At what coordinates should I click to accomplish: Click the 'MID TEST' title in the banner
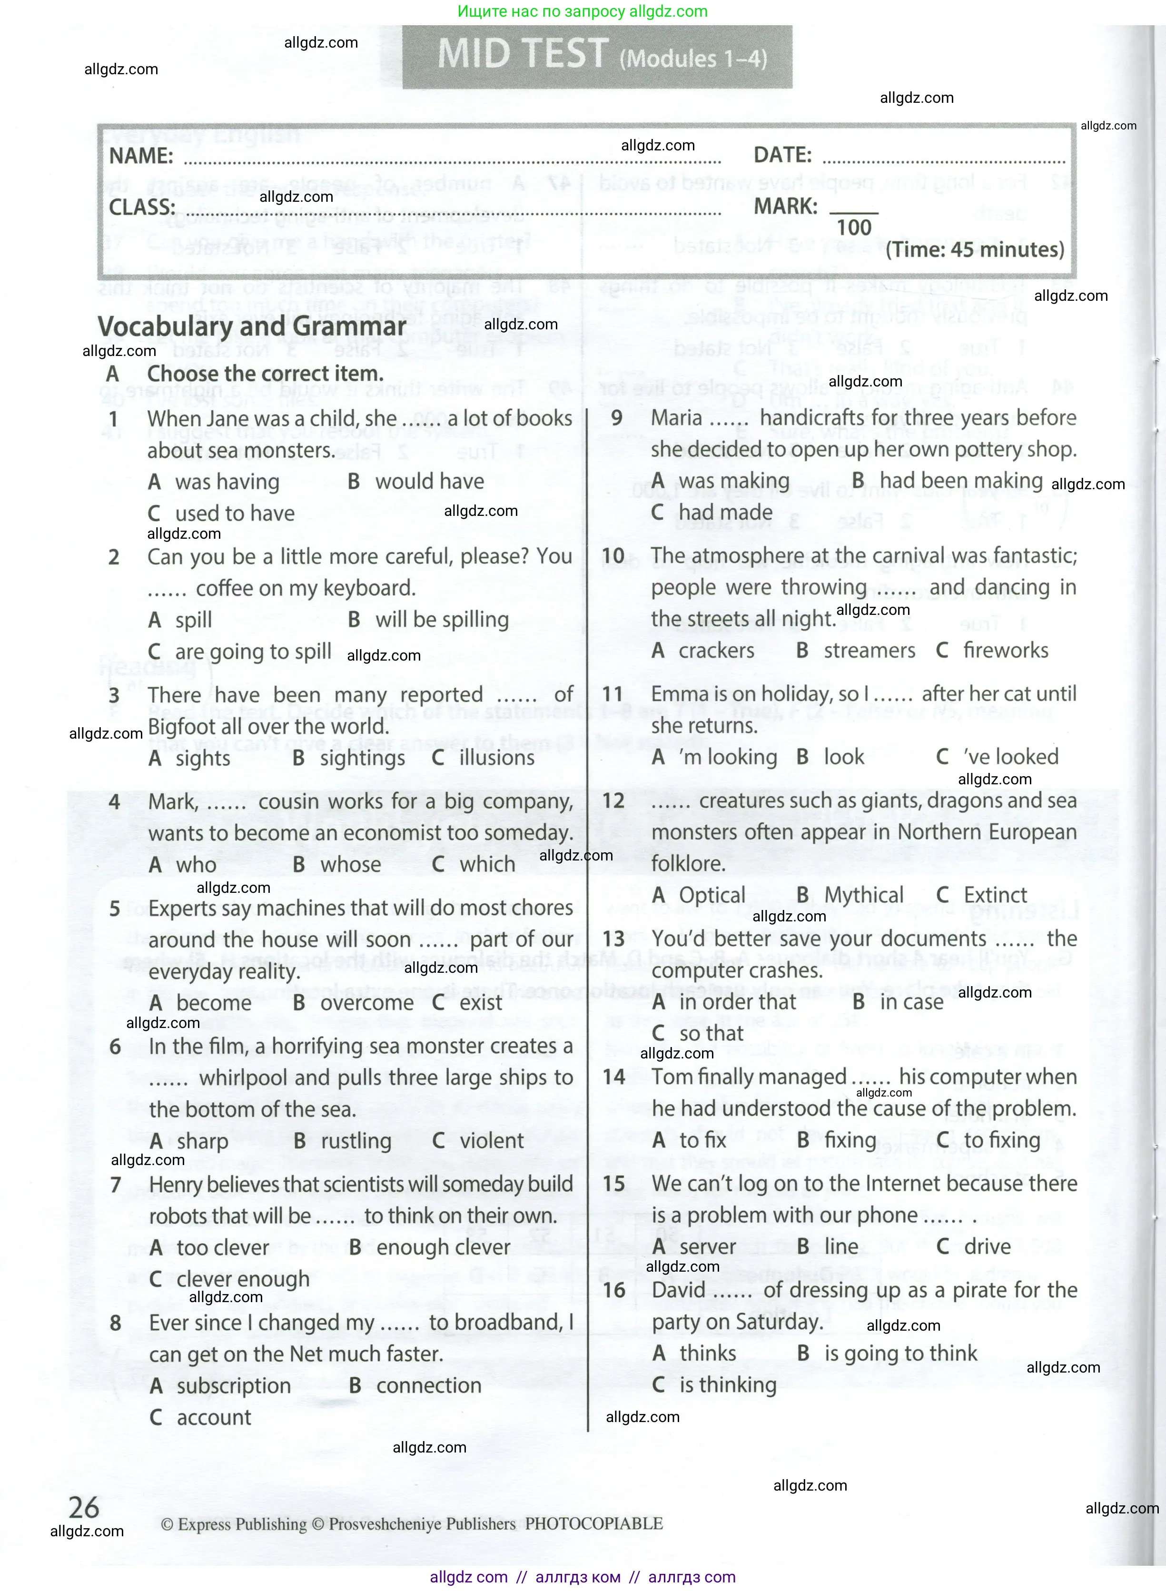(x=522, y=54)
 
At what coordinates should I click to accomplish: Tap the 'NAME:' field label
(x=140, y=156)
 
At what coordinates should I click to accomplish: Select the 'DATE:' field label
(x=782, y=155)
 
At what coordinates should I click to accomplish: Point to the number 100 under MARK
(x=853, y=227)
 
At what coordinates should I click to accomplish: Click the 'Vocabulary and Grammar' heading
(x=251, y=327)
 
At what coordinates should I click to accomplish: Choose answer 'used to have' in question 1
(x=234, y=513)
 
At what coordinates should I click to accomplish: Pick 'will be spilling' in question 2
(x=442, y=620)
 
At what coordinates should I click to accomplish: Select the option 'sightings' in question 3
(x=362, y=758)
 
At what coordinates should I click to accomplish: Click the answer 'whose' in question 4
(x=350, y=865)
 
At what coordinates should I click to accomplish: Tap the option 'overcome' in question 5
(x=366, y=1003)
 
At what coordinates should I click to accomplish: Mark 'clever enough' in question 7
(x=243, y=1279)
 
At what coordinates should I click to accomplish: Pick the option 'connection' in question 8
(x=428, y=1385)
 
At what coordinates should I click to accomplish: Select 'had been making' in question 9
(x=960, y=481)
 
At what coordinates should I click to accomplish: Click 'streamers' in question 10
(x=869, y=651)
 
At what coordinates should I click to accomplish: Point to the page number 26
(x=84, y=1508)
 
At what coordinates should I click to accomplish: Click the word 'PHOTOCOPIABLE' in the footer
(x=593, y=1523)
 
